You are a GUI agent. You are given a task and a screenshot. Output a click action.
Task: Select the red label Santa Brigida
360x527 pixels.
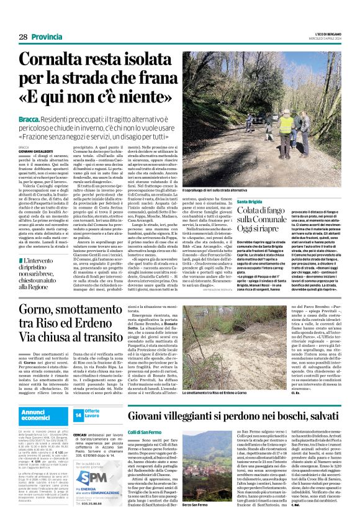click(x=249, y=202)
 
